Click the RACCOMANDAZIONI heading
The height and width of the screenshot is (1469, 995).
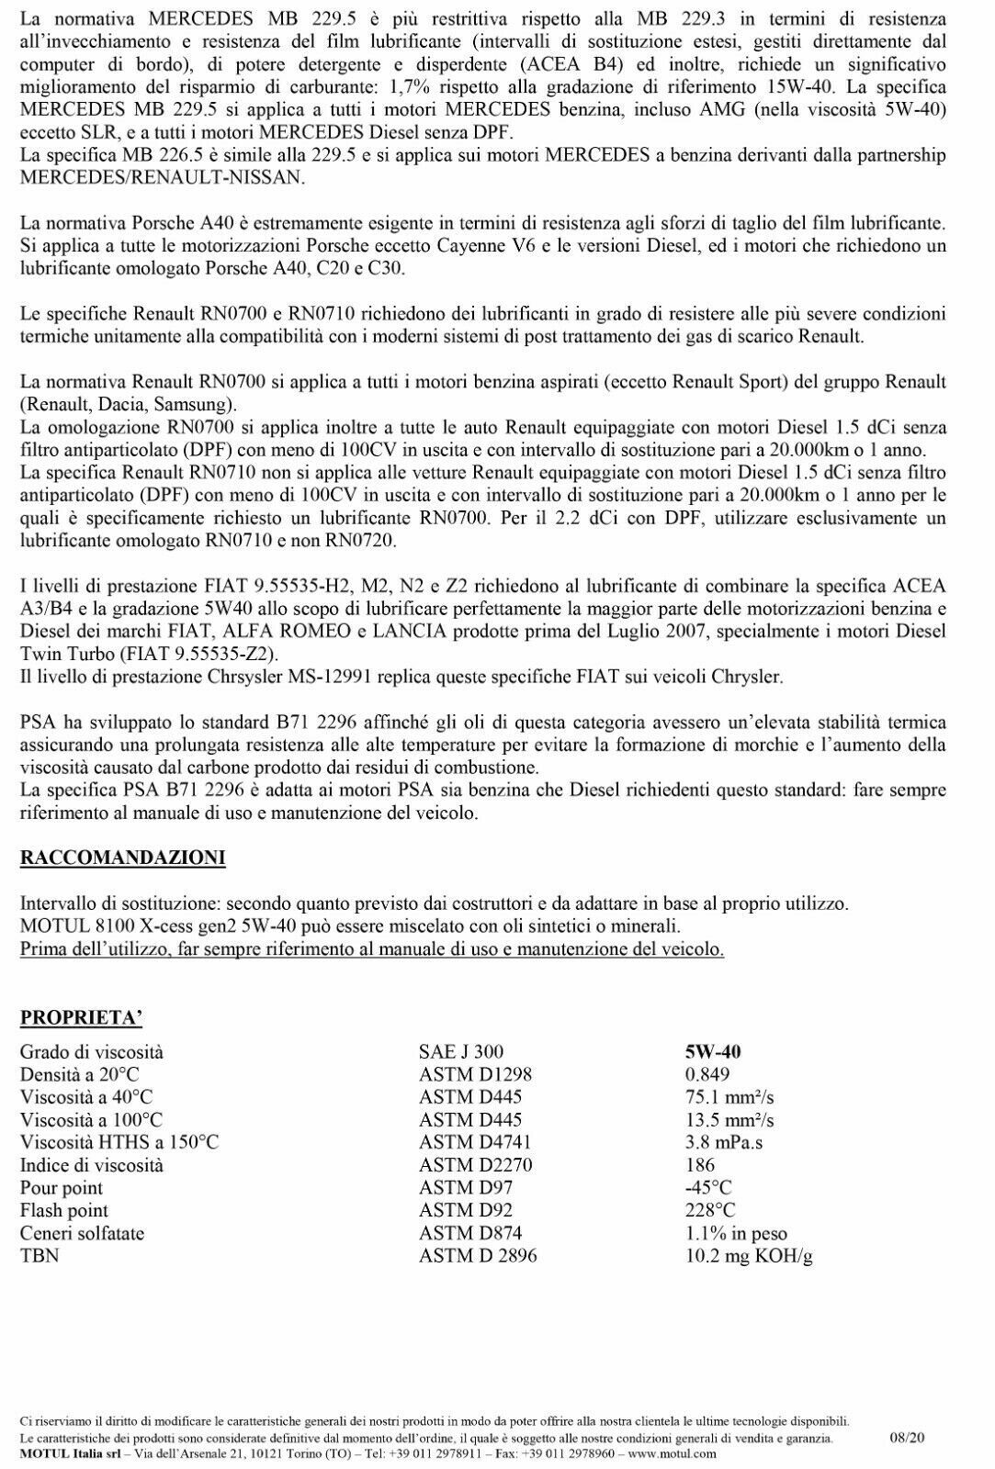[122, 858]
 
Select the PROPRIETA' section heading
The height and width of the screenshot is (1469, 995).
[81, 1017]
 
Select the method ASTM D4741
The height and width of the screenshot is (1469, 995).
[475, 1143]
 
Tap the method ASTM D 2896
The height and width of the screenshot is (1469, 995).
[478, 1256]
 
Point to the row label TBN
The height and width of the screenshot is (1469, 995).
[40, 1256]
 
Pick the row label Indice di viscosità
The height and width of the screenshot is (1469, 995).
[92, 1165]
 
